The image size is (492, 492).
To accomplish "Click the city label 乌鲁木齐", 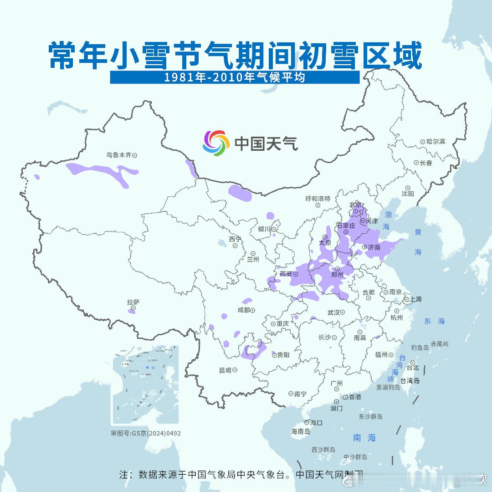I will pyautogui.click(x=118, y=155).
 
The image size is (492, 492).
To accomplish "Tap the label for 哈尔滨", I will pyautogui.click(x=436, y=142).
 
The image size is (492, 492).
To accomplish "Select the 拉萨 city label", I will pyautogui.click(x=133, y=302).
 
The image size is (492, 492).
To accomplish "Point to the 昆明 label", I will pyautogui.click(x=225, y=370).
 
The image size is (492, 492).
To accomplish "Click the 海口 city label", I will pyautogui.click(x=316, y=423).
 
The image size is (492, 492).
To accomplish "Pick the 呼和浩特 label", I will pyautogui.click(x=318, y=199).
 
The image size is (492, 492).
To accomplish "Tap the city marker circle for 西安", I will pyautogui.click(x=296, y=274).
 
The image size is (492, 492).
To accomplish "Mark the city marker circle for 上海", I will pyautogui.click(x=406, y=299).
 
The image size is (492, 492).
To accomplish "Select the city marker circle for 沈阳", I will pyautogui.click(x=408, y=188).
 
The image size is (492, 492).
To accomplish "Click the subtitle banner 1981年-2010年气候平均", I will pyautogui.click(x=235, y=77).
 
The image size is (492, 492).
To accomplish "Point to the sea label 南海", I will pyautogui.click(x=364, y=438).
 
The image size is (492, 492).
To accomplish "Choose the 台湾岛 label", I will pyautogui.click(x=410, y=381).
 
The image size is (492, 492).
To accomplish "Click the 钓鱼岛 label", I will pyautogui.click(x=420, y=348).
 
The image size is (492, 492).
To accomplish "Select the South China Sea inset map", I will pyautogui.click(x=145, y=385).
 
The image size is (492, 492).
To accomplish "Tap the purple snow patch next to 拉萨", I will pyautogui.click(x=132, y=311).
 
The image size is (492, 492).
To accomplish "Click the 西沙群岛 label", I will pyautogui.click(x=323, y=450).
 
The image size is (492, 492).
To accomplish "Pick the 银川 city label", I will pyautogui.click(x=264, y=229).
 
